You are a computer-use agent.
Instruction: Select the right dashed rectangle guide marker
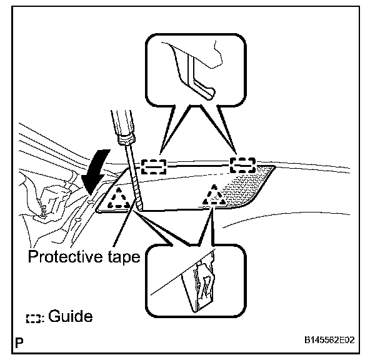[242, 165]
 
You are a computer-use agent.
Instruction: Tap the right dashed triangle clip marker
[213, 196]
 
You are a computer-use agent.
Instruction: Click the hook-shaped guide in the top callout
[199, 78]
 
